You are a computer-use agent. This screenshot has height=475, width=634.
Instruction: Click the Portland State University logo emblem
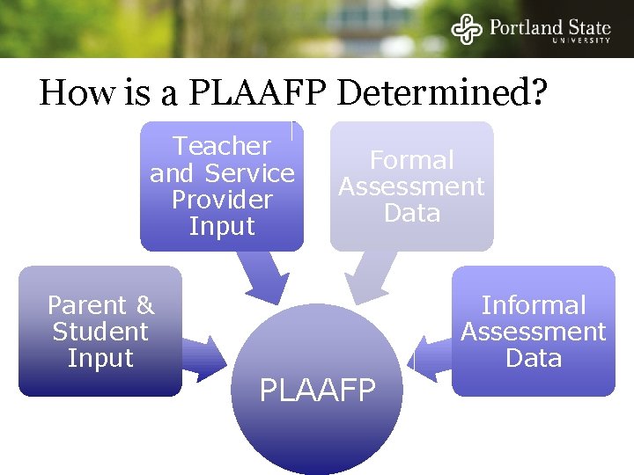[467, 29]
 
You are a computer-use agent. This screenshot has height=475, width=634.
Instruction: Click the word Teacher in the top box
[222, 146]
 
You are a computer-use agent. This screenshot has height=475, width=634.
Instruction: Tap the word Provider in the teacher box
[222, 200]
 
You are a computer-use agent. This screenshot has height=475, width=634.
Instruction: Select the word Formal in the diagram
[412, 160]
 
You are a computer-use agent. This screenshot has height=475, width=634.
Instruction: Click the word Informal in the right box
[534, 305]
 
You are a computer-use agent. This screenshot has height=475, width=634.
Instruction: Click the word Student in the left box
[100, 332]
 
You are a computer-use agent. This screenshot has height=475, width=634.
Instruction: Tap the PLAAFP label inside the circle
[317, 389]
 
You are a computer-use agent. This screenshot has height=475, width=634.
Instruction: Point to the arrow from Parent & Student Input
[203, 355]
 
